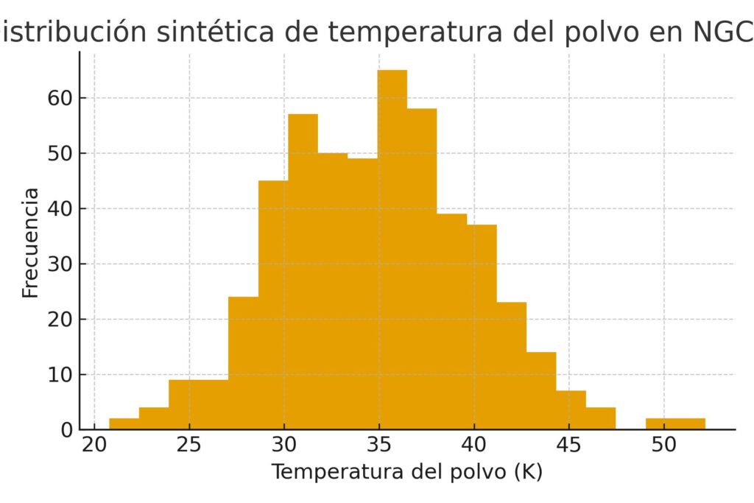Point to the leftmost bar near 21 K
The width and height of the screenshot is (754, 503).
[124, 423]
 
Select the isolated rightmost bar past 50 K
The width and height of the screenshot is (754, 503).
[675, 423]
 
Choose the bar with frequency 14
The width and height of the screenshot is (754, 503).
[540, 390]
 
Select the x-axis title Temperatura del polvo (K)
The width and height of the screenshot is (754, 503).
[406, 472]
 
